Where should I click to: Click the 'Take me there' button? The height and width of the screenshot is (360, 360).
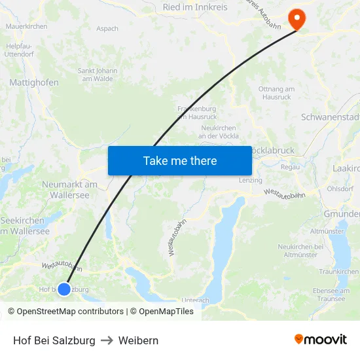click(180, 160)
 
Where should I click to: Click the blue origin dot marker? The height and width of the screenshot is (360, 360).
click(64, 289)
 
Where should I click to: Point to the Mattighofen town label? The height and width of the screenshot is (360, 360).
click(34, 82)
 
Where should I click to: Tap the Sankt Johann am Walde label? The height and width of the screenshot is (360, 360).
click(98, 75)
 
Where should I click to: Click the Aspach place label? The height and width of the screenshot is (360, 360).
click(107, 29)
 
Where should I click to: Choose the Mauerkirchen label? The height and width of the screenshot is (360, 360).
click(26, 26)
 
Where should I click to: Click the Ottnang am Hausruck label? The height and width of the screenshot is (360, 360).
click(276, 93)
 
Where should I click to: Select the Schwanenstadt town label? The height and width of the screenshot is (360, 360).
click(331, 118)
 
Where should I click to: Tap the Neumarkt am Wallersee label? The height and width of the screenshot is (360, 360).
click(69, 189)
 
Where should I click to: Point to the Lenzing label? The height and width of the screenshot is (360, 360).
click(250, 180)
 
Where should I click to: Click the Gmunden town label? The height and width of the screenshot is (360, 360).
click(342, 214)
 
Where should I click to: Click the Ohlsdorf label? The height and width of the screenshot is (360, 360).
click(340, 189)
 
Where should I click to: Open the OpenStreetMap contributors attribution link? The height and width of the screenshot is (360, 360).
click(65, 312)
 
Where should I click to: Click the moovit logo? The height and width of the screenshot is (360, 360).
click(321, 340)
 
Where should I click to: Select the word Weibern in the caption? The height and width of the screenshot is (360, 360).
click(138, 340)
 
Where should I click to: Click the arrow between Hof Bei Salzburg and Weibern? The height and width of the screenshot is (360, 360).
click(107, 340)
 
